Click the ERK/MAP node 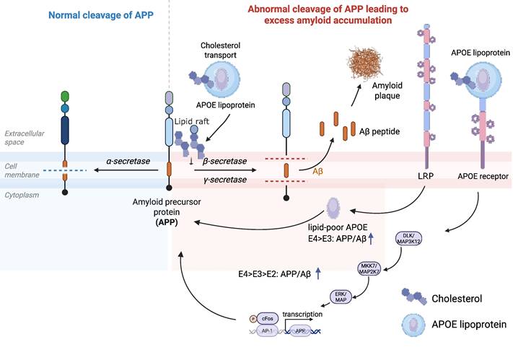[x=341, y=297]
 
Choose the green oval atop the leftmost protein [x=66, y=96]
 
